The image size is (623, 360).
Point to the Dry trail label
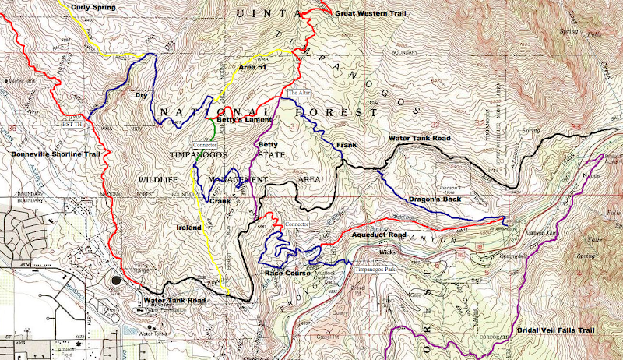[x=142, y=95]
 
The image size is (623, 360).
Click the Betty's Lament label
[x=245, y=118]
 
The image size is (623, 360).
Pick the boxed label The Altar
[x=299, y=92]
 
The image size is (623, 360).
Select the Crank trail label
[x=221, y=200]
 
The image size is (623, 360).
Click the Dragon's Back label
[x=432, y=199]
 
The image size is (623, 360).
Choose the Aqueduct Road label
[x=378, y=234]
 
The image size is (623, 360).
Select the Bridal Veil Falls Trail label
[x=556, y=330]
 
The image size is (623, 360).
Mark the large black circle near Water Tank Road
[x=118, y=279]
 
